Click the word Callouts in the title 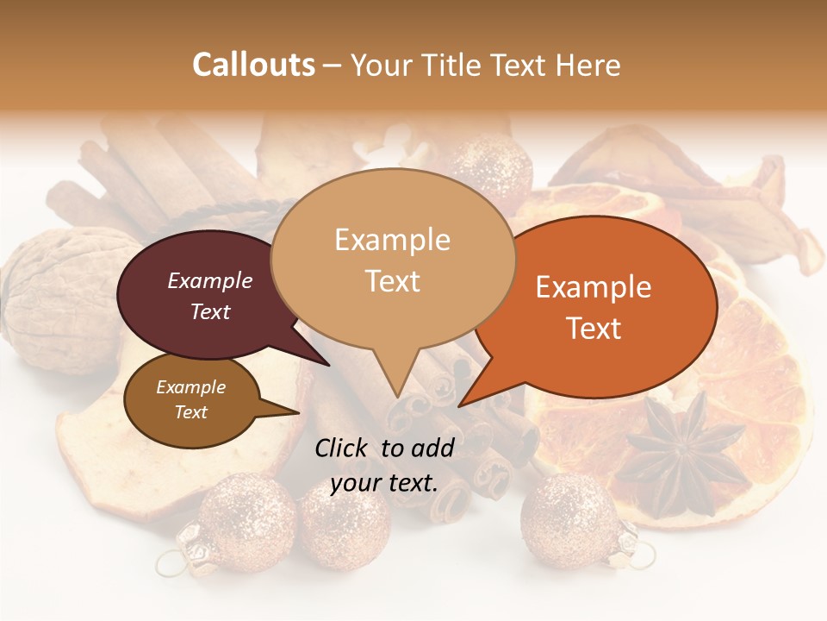click(x=253, y=65)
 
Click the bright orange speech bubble click(x=603, y=306)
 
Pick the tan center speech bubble click(x=393, y=259)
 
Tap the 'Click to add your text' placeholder click(x=384, y=465)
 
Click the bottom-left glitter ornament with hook click(x=237, y=522)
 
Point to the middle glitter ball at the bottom click(x=345, y=526)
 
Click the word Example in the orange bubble click(x=594, y=287)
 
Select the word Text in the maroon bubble click(x=210, y=311)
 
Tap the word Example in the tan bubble click(x=393, y=240)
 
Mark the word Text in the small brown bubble click(x=191, y=412)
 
